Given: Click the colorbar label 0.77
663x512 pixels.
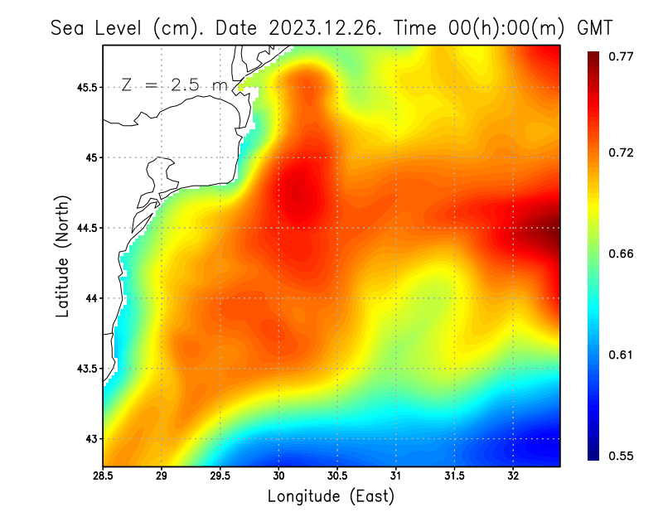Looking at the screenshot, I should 621,56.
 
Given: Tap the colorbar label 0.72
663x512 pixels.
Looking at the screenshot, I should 621,152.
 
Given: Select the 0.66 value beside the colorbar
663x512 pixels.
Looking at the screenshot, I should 621,254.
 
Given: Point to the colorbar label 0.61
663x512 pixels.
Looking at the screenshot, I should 621,355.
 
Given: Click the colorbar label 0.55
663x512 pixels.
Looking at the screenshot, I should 621,456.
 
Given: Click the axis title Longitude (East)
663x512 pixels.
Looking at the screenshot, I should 331,496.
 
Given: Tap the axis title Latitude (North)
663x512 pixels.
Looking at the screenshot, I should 62,257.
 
